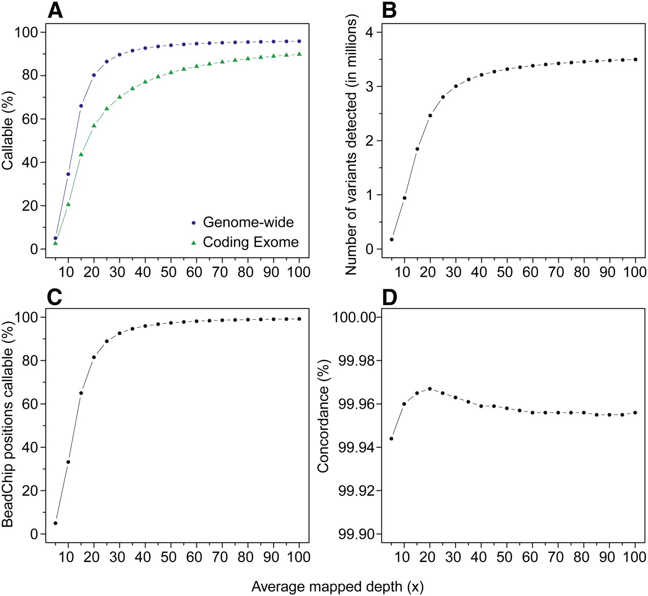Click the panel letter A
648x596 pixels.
(x=55, y=11)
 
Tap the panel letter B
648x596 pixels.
(x=389, y=11)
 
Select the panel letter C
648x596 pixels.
(x=55, y=297)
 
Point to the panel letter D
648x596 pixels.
(x=389, y=297)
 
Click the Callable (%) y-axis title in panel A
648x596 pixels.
(x=9, y=131)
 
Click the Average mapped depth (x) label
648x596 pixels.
(x=337, y=587)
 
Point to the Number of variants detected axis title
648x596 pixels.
(x=351, y=144)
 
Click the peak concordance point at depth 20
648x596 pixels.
(x=430, y=389)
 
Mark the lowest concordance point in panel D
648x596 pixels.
(x=391, y=439)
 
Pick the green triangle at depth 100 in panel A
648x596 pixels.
(x=299, y=54)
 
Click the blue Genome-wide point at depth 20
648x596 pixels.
(x=94, y=75)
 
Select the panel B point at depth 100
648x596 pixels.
(x=635, y=59)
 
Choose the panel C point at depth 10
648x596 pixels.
(x=68, y=462)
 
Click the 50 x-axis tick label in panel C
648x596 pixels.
(x=168, y=557)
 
